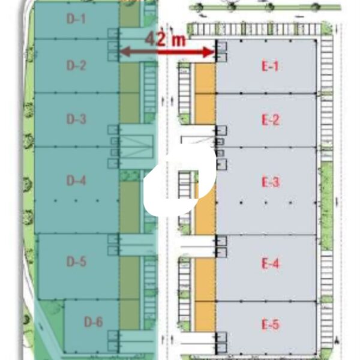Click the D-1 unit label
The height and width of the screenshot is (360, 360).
[76, 19]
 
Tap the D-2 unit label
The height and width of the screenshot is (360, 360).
[76, 65]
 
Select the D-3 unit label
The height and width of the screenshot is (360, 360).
[76, 119]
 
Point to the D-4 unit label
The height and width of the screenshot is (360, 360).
[76, 181]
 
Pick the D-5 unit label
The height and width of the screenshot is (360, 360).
[76, 262]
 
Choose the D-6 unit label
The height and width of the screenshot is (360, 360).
[93, 322]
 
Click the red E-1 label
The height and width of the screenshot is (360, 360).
[270, 67]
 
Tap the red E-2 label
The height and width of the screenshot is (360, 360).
[271, 120]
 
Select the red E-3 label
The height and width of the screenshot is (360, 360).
[271, 182]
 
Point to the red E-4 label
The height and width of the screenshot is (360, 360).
[271, 263]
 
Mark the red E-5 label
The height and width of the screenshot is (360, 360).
[271, 324]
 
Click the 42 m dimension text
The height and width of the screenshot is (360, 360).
[166, 39]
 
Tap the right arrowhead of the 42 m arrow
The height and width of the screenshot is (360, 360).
[209, 52]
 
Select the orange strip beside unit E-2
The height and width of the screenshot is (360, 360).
[205, 109]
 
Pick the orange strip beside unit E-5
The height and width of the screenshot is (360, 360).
[205, 316]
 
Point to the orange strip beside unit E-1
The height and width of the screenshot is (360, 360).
[205, 78]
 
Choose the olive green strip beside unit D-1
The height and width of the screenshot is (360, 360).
[130, 14]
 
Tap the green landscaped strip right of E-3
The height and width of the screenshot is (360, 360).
[327, 206]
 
